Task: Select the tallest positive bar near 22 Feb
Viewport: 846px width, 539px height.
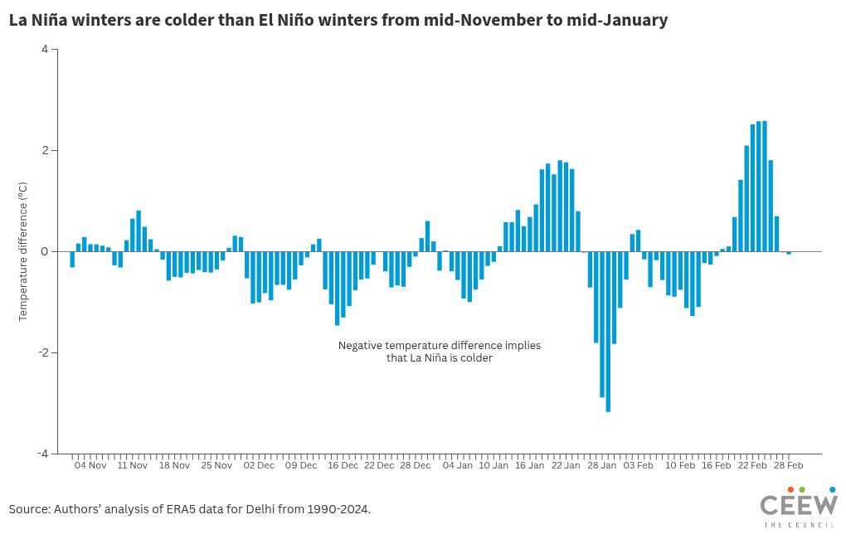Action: point(764,186)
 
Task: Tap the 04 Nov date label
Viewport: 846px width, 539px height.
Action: point(90,466)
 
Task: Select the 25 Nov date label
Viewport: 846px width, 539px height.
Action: point(216,466)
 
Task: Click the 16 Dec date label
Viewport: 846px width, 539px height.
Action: point(343,466)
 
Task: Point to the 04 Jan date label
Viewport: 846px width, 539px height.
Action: point(457,466)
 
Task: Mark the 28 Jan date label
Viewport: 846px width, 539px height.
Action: point(601,466)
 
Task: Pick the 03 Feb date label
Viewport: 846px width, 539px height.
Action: point(638,466)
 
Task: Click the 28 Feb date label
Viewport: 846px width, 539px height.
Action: point(788,466)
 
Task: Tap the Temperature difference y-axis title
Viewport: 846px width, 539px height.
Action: point(24,251)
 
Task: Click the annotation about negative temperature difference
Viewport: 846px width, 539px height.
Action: point(439,352)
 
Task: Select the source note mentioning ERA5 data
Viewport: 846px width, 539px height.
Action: point(190,508)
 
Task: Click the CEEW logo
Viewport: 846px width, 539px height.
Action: point(799,507)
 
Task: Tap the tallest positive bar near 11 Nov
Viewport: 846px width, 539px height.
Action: point(139,231)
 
